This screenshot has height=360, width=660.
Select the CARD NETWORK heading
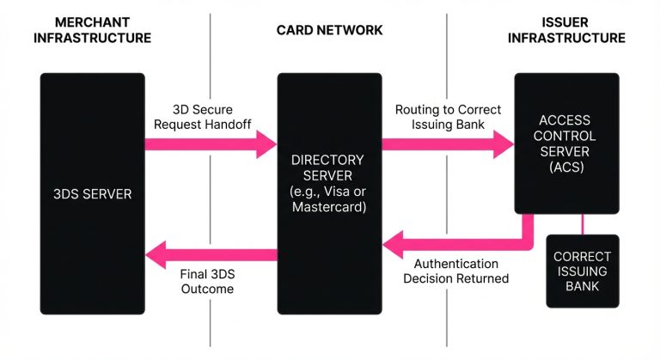(329, 30)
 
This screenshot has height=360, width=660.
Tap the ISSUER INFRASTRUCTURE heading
(566, 29)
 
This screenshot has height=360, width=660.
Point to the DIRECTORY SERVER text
(328, 168)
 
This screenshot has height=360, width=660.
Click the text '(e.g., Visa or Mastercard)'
(328, 199)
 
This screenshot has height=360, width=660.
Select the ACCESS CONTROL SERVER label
(566, 136)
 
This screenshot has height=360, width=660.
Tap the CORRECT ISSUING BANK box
(582, 271)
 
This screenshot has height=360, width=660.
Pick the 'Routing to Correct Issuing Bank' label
(448, 117)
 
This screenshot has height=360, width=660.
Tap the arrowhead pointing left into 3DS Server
(156, 253)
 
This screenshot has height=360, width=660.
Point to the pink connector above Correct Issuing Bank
(582, 223)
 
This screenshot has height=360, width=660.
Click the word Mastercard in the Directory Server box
(328, 207)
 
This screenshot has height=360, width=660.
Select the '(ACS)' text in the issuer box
(566, 168)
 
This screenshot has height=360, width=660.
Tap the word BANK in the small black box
(582, 286)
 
